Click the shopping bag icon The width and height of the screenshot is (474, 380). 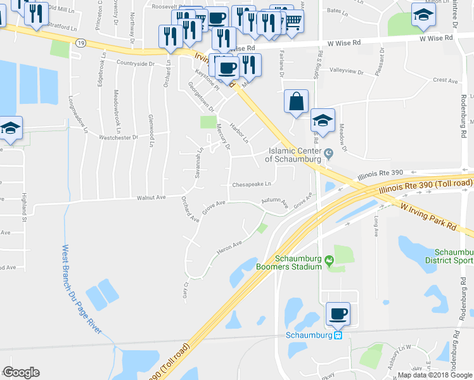click(x=296, y=101)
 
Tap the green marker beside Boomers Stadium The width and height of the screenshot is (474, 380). click(x=329, y=260)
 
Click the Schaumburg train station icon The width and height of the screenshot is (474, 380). click(x=338, y=335)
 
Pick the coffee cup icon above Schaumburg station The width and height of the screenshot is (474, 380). click(x=338, y=313)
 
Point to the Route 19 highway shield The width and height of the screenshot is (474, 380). click(x=79, y=42)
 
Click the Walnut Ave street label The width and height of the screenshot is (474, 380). click(x=151, y=198)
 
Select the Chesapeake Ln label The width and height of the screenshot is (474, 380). click(x=252, y=184)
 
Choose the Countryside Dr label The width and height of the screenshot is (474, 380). click(x=136, y=64)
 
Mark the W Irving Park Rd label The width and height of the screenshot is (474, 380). click(x=428, y=216)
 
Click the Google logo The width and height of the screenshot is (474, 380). click(x=21, y=372)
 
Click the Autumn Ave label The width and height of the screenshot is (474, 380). click(x=276, y=203)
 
